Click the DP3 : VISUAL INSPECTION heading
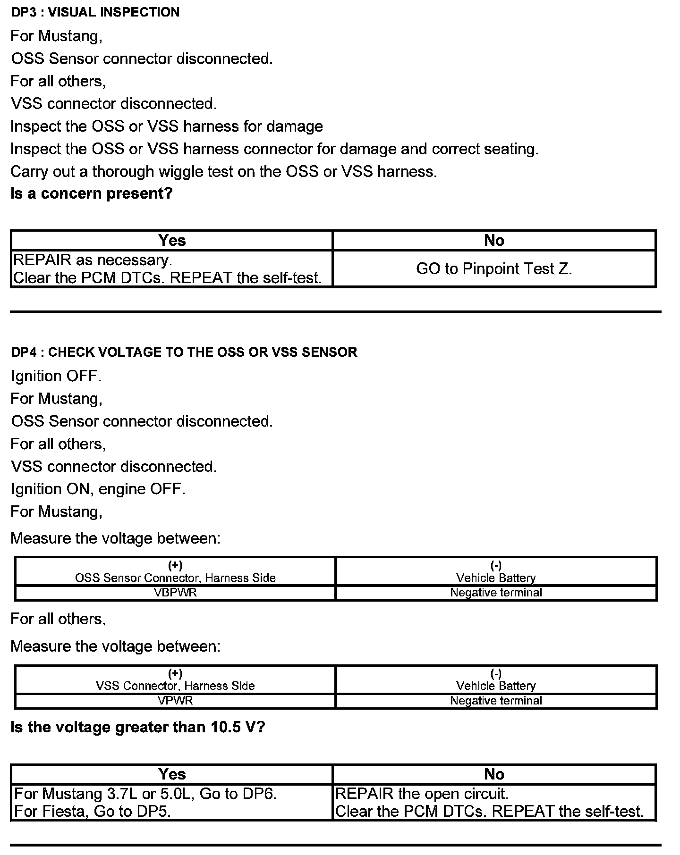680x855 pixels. tap(95, 12)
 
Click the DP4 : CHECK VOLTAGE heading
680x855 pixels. tap(184, 352)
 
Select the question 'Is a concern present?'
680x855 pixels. tap(92, 193)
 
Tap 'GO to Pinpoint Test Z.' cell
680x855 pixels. tap(494, 269)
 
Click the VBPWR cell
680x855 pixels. tap(175, 593)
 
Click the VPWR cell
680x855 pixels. tap(175, 701)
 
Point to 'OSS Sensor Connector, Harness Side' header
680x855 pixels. tap(175, 578)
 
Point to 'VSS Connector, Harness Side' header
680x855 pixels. tap(175, 686)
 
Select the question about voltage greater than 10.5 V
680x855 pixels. tap(138, 727)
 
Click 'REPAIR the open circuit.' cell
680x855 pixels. tap(494, 803)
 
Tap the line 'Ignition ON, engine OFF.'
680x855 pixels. tap(98, 489)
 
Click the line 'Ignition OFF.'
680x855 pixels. tap(56, 376)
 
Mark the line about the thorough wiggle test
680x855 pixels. tap(224, 171)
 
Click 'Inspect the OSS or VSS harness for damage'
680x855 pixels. tap(167, 126)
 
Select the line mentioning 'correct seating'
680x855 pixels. tap(274, 149)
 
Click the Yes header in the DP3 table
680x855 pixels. tap(172, 241)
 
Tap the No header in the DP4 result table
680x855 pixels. tap(494, 774)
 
